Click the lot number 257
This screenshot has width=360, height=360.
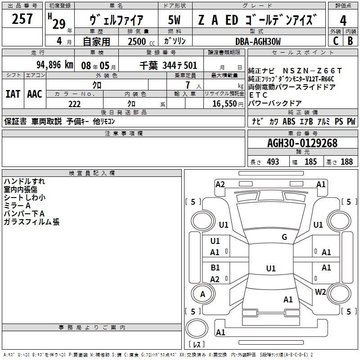click(22, 18)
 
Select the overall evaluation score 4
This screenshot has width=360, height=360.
click(343, 20)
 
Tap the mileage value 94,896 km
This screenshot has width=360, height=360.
click(55, 65)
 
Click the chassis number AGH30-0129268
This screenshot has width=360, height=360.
click(302, 143)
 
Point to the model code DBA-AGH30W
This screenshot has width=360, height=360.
click(258, 41)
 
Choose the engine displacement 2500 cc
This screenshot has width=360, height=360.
click(141, 41)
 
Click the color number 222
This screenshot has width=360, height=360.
click(74, 104)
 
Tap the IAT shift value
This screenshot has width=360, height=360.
click(13, 94)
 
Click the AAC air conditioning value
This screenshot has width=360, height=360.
click(35, 94)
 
